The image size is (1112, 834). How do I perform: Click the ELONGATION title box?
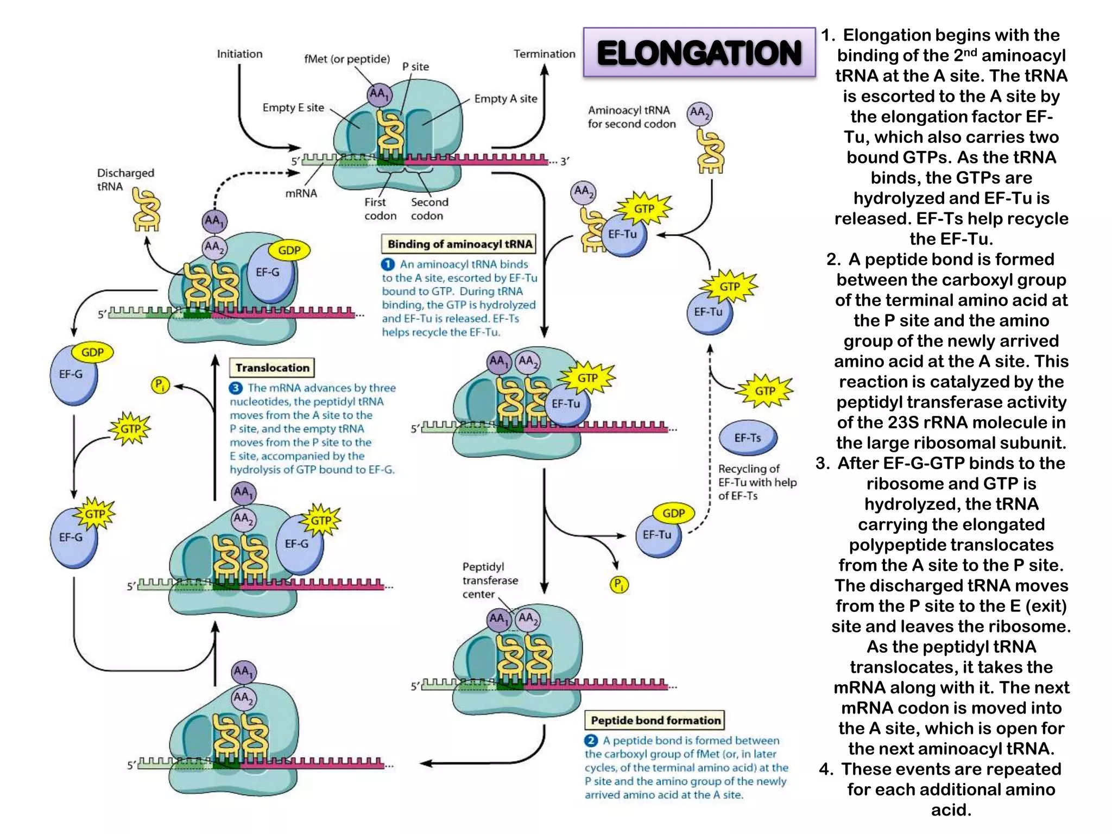pyautogui.click(x=699, y=53)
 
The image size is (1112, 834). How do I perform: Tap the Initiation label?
pyautogui.click(x=239, y=54)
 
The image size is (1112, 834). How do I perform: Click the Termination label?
pyautogui.click(x=544, y=54)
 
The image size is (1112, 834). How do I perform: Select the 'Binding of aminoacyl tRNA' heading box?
pyautogui.click(x=459, y=244)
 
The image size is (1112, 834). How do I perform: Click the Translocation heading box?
pyautogui.click(x=272, y=368)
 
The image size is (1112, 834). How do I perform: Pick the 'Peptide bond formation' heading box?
pyautogui.click(x=655, y=720)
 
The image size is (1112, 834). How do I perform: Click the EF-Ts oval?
pyautogui.click(x=748, y=438)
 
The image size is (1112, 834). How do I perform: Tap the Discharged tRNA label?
pyautogui.click(x=125, y=179)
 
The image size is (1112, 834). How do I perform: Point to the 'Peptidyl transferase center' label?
pyautogui.click(x=489, y=580)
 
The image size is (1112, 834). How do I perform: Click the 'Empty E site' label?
pyautogui.click(x=293, y=108)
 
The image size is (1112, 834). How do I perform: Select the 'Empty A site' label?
pyautogui.click(x=506, y=99)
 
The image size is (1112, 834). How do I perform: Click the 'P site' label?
pyautogui.click(x=415, y=67)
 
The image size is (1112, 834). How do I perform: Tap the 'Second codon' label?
pyautogui.click(x=429, y=208)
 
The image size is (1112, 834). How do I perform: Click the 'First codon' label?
pyautogui.click(x=380, y=208)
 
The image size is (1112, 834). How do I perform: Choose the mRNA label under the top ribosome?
pyautogui.click(x=301, y=193)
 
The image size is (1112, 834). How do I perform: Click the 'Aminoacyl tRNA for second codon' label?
pyautogui.click(x=631, y=117)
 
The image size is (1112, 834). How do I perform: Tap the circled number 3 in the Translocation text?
pyautogui.click(x=236, y=388)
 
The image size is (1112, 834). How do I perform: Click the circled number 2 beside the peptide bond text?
pyautogui.click(x=591, y=740)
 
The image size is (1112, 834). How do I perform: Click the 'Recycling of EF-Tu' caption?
pyautogui.click(x=756, y=482)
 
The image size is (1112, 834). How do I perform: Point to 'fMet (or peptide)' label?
pyautogui.click(x=347, y=59)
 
